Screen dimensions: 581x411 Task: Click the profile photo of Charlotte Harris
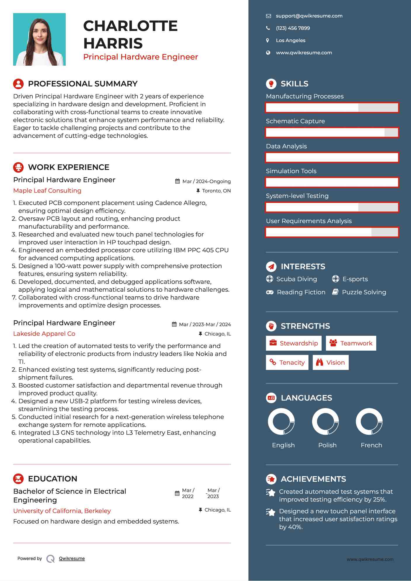(x=39, y=39)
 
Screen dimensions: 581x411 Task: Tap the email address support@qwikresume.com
(x=309, y=16)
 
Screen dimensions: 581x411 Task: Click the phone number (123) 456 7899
(x=293, y=28)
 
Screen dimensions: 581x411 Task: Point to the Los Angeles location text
(x=290, y=41)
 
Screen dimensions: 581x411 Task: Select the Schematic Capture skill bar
(x=332, y=133)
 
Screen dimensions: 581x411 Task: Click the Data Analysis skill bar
(x=332, y=157)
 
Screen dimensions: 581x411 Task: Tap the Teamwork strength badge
(x=351, y=343)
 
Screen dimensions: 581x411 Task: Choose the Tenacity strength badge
(x=287, y=363)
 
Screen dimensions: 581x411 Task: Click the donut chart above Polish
(x=325, y=422)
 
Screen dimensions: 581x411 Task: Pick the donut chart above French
(x=369, y=422)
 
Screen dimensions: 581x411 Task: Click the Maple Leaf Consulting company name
(x=47, y=191)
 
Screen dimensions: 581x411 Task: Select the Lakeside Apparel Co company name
(x=44, y=334)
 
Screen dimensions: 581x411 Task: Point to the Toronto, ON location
(x=216, y=191)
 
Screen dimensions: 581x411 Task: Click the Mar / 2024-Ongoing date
(x=206, y=182)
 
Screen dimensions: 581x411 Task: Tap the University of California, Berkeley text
(x=62, y=511)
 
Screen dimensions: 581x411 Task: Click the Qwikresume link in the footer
(x=72, y=559)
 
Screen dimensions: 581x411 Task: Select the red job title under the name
(x=141, y=57)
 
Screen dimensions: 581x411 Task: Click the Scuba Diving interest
(x=296, y=279)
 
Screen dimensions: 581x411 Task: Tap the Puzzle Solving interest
(x=364, y=292)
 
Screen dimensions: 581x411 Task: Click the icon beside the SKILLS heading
(x=271, y=84)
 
